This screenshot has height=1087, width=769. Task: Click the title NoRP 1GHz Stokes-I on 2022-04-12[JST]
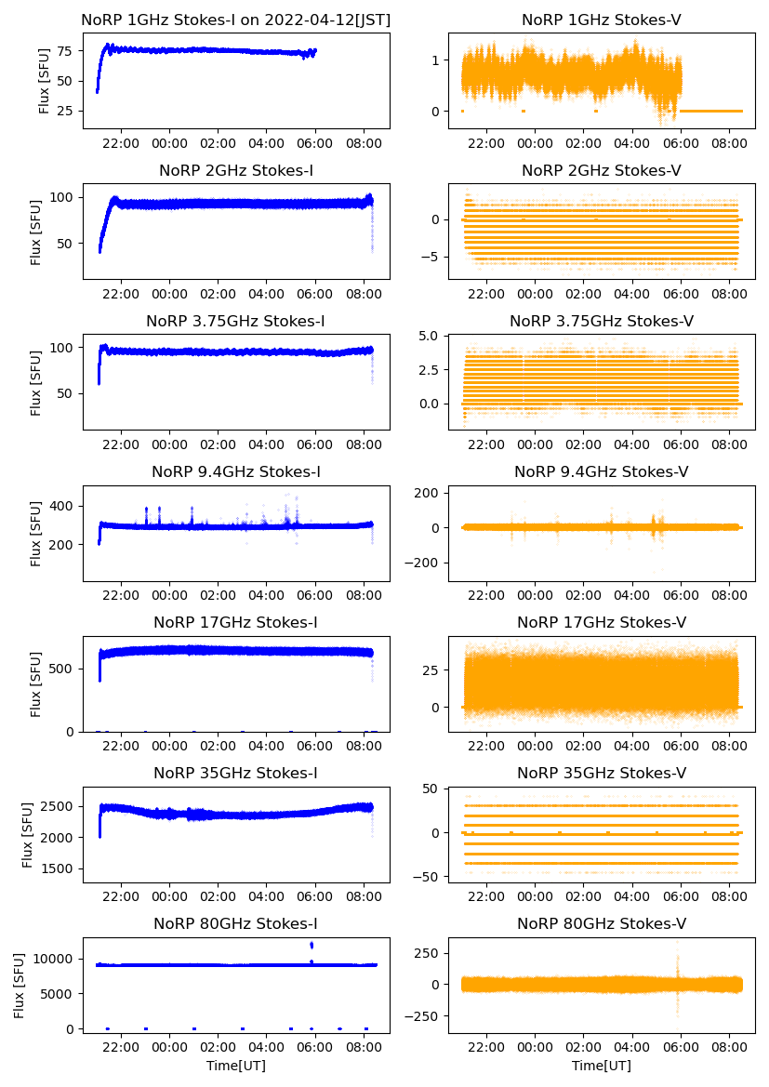(236, 20)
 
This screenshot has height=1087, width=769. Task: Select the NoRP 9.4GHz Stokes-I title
(236, 472)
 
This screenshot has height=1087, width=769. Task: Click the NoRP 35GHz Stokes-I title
(236, 774)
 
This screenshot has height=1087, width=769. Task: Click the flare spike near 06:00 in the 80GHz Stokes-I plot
(312, 946)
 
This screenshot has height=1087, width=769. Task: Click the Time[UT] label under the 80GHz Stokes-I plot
(236, 1066)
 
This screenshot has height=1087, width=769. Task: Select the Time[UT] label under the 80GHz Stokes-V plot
(601, 1066)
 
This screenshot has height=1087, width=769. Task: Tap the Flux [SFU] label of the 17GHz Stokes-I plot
(36, 684)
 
